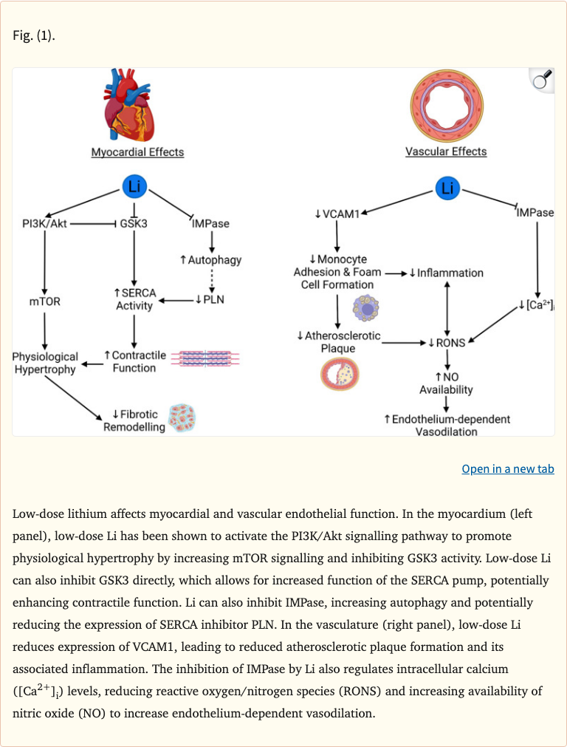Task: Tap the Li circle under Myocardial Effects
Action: pos(134,187)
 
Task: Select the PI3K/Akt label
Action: pos(45,223)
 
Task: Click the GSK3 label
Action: pos(134,223)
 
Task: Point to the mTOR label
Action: pos(45,301)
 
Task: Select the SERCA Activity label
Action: pos(134,299)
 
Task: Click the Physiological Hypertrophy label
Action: pos(45,363)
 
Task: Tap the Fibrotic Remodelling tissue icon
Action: pos(181,417)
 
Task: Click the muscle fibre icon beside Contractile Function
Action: pos(205,358)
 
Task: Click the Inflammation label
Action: pos(446,273)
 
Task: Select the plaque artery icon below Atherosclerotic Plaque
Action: pos(339,374)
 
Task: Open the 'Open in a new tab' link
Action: pos(507,469)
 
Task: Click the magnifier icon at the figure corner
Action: pos(541,80)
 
